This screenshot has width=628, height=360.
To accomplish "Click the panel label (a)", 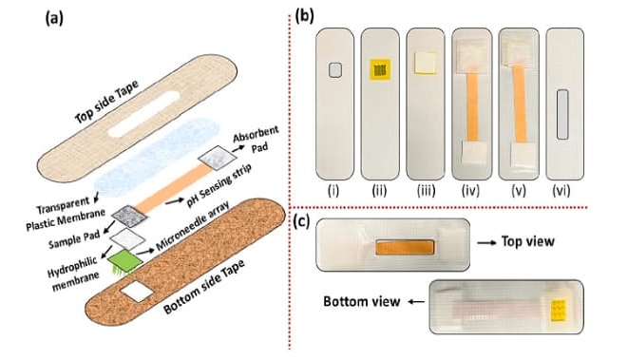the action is click(54, 19).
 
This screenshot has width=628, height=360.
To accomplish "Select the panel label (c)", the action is click(301, 222).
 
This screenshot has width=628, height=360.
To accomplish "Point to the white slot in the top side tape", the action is click(143, 114).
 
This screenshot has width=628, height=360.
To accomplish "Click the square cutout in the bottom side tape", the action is click(137, 292).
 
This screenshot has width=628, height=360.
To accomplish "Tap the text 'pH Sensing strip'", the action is click(219, 184).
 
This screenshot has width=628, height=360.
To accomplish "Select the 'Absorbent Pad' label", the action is click(257, 139).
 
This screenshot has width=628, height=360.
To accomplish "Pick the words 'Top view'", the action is click(528, 241).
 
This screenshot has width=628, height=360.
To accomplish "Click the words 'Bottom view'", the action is click(362, 301).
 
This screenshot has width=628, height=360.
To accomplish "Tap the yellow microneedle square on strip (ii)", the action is click(380, 69).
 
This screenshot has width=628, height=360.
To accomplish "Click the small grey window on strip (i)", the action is click(334, 70).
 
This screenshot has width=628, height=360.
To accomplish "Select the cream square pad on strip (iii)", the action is click(426, 63).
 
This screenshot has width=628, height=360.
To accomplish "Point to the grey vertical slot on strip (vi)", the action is click(562, 115).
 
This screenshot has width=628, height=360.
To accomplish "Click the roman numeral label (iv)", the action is click(470, 191).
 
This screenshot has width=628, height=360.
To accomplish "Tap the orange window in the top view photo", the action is click(405, 248).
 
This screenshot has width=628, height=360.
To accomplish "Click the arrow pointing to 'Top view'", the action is click(485, 242).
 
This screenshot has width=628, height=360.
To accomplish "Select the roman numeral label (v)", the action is click(519, 191).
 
